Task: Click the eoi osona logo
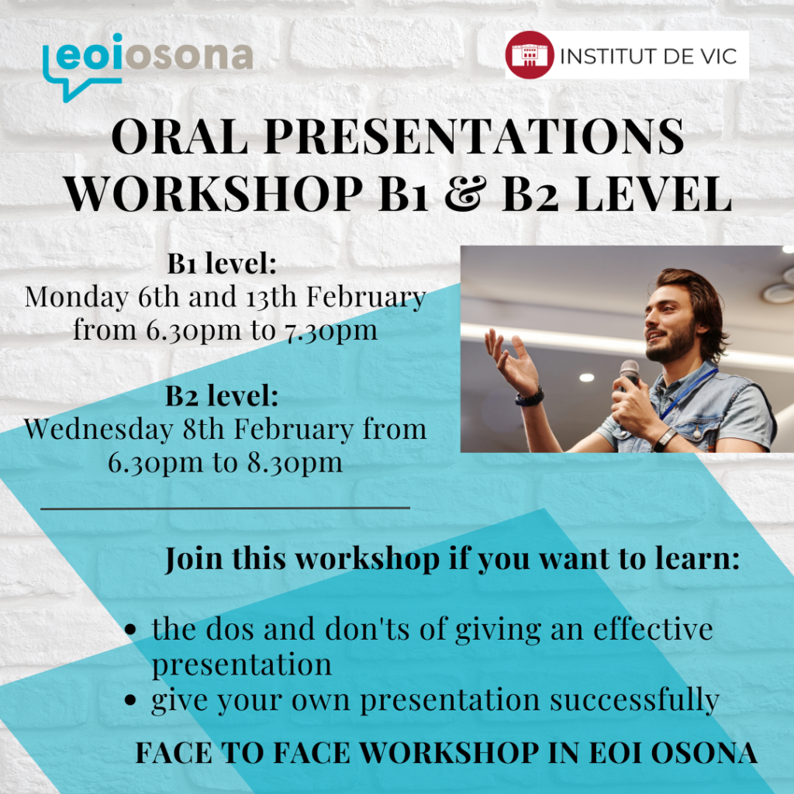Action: pos(147,67)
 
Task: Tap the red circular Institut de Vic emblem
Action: pos(529,55)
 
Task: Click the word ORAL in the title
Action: pos(180,136)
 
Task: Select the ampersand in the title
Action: pos(464,193)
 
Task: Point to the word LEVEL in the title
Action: pos(654,193)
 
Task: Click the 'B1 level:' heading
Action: pos(222,264)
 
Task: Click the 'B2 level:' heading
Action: pos(222,396)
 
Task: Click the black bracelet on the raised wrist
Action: pos(530,397)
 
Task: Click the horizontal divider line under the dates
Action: pos(225,507)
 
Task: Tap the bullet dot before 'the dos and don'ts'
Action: pos(130,630)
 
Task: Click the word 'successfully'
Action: pos(634,701)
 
